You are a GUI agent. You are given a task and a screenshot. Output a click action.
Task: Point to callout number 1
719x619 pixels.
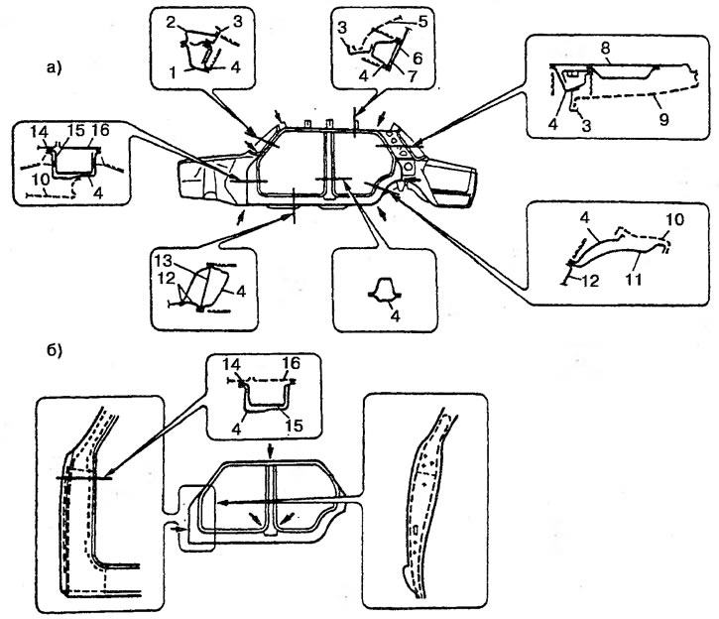(175, 72)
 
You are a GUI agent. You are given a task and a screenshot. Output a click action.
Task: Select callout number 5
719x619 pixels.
(422, 20)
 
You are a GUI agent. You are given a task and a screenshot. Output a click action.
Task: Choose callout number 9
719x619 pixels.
(661, 116)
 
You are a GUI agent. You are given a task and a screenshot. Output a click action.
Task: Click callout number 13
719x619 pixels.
(164, 260)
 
